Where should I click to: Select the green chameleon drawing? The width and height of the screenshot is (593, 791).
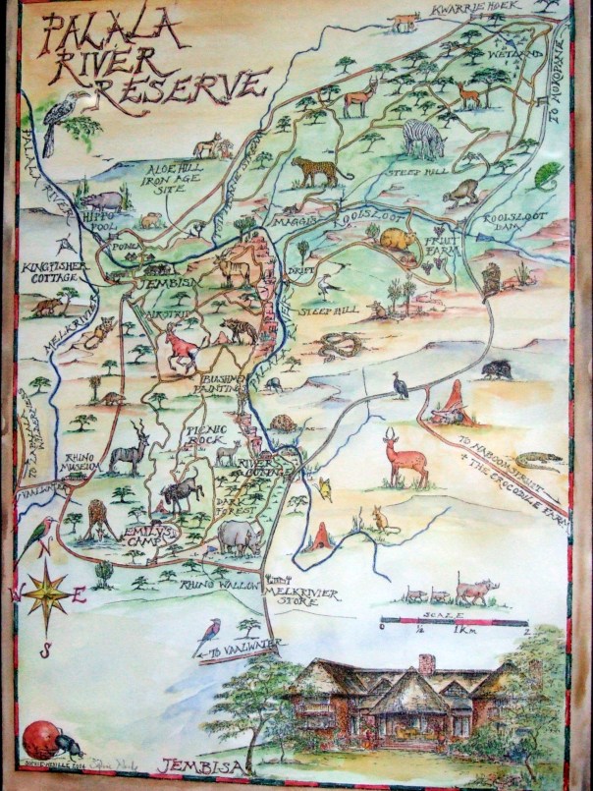click(x=548, y=175)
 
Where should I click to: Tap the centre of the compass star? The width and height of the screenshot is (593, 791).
click(x=46, y=593)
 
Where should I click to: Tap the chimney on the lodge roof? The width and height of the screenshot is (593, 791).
click(x=426, y=665)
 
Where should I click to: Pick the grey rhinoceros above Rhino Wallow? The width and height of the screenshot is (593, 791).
click(x=241, y=536)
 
